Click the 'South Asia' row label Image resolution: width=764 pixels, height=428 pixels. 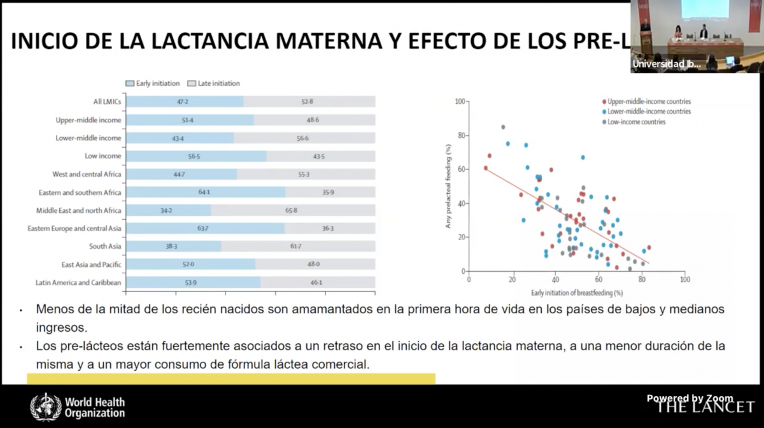105,246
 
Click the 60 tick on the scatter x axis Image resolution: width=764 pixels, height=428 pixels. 598,279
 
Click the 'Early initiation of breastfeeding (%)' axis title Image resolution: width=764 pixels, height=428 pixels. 577,292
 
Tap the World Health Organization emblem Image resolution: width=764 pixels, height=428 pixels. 46,407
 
